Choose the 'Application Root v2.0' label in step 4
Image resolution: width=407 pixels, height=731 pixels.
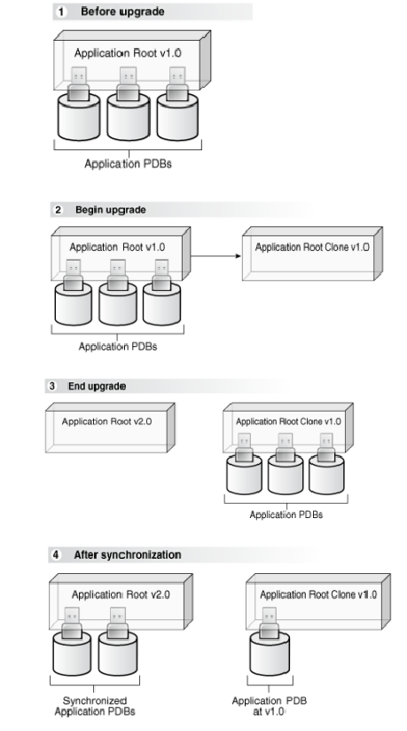click(109, 593)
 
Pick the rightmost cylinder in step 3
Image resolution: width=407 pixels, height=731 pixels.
click(328, 475)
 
